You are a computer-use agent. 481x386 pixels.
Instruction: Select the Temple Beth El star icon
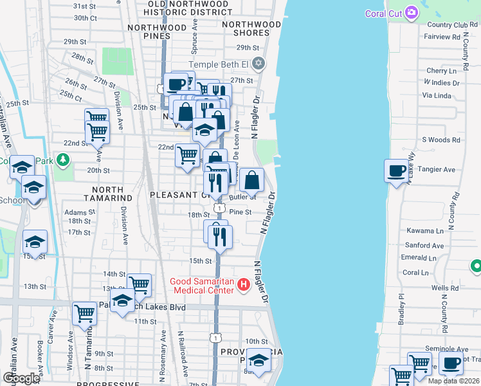pyautogui.click(x=259, y=63)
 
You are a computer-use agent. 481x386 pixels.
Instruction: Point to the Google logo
pyautogui.click(x=21, y=378)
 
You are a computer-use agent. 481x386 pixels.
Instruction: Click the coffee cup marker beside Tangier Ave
pyautogui.click(x=397, y=171)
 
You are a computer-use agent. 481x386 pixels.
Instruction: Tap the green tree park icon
pyautogui.click(x=62, y=159)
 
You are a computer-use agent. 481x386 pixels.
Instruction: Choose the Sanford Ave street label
pyautogui.click(x=424, y=245)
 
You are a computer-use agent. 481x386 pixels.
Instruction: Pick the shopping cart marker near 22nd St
pyautogui.click(x=186, y=154)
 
